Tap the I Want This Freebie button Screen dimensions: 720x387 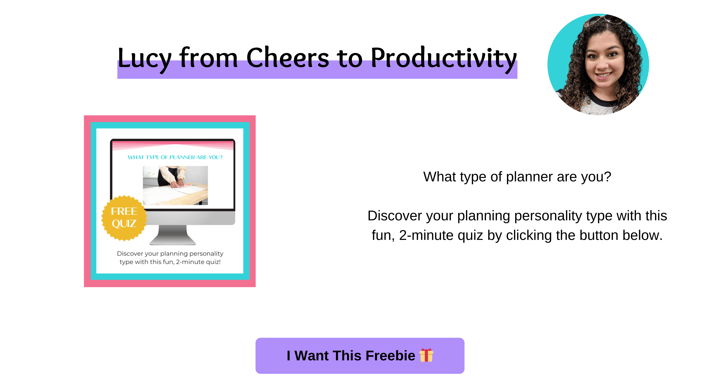[360, 356]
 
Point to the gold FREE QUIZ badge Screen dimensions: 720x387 [124, 218]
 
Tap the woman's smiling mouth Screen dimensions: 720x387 [604, 76]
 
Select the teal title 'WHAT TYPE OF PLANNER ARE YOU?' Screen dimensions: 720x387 [175, 157]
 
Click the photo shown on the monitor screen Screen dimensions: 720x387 [175, 185]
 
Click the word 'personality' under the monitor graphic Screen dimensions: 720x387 [206, 254]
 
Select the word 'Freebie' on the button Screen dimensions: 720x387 [390, 356]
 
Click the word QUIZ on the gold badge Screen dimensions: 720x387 [124, 224]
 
